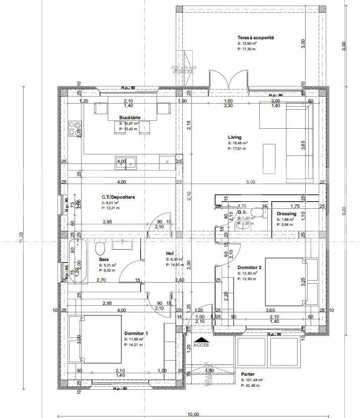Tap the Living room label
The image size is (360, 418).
click(235, 137)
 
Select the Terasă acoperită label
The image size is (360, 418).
click(255, 38)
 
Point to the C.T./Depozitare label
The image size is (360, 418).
click(117, 197)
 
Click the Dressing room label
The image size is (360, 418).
click(286, 214)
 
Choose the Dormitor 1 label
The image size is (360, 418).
click(136, 333)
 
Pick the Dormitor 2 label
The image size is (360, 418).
click(249, 268)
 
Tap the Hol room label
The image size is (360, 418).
click(170, 254)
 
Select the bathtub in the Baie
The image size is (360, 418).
click(77, 262)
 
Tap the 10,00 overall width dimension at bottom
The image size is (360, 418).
click(193, 414)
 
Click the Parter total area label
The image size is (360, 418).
click(249, 374)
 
